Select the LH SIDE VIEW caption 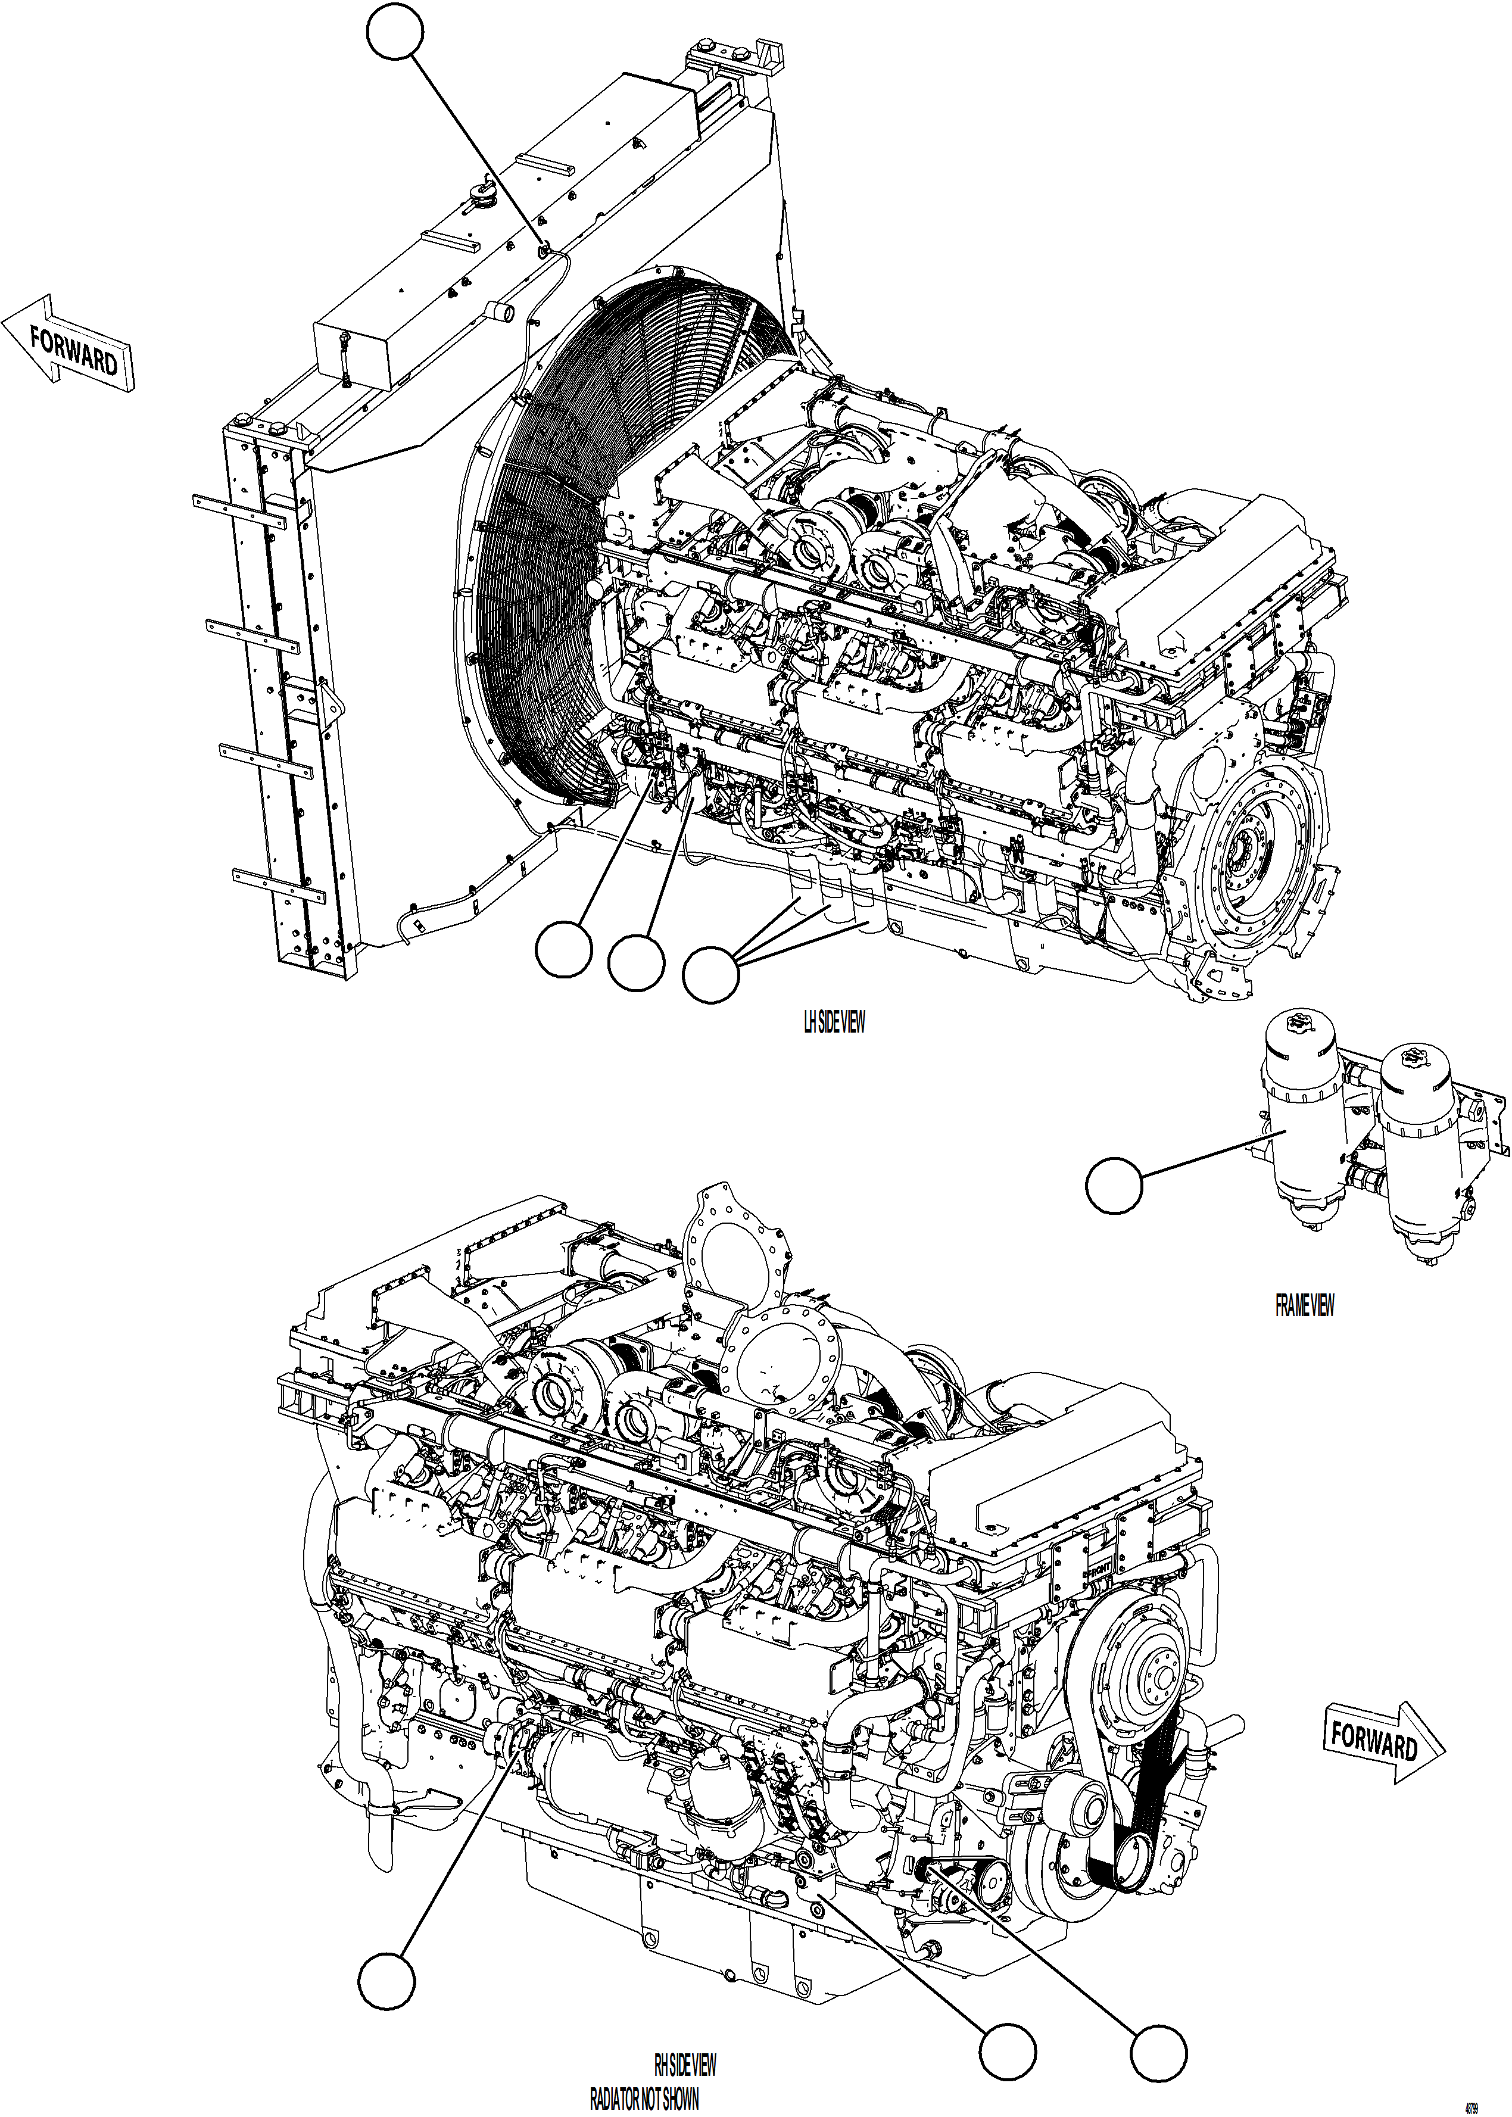coord(833,1022)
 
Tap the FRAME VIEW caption coord(1304,1306)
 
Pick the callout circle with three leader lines coord(710,975)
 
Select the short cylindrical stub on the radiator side coord(503,312)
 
